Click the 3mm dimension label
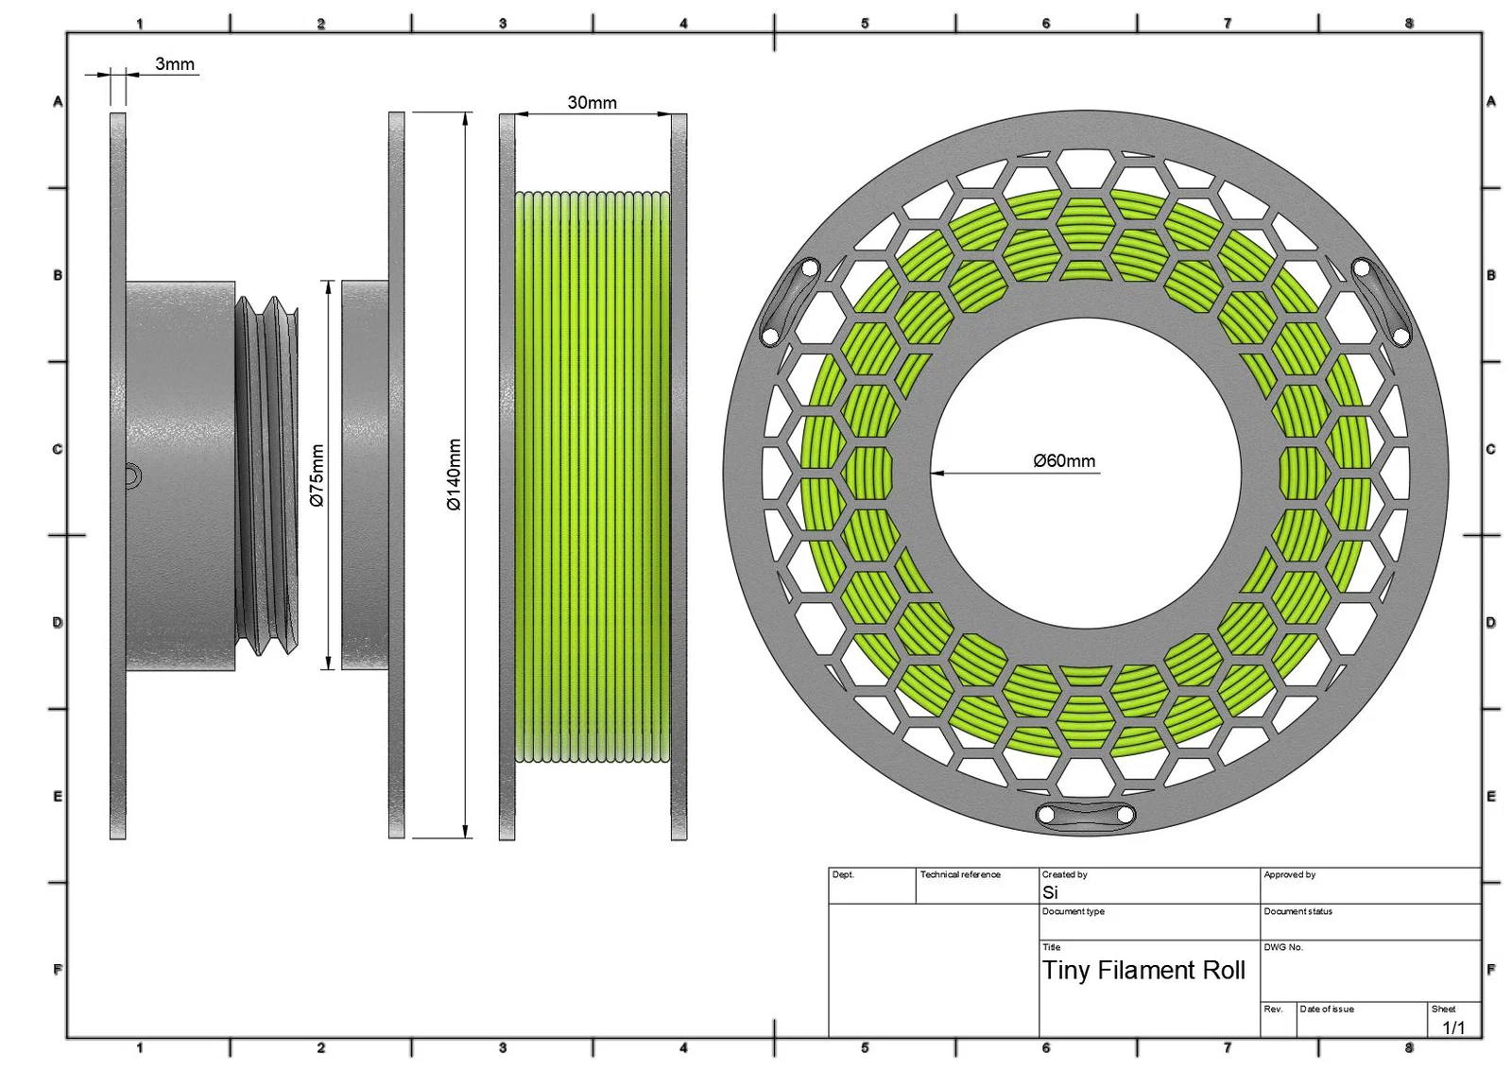point(175,64)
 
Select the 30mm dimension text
point(592,103)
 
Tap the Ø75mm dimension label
point(317,475)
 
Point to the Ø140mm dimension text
point(455,475)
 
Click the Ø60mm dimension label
point(1064,461)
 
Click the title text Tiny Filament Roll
point(1144,970)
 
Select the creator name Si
point(1050,892)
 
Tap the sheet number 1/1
point(1453,1027)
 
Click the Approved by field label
point(1290,874)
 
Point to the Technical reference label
point(960,874)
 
